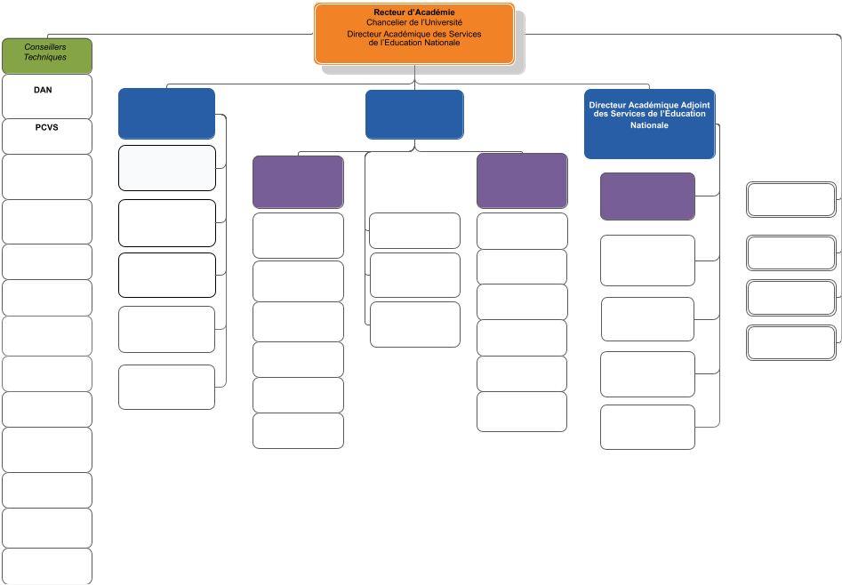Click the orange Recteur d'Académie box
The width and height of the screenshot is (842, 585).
click(414, 34)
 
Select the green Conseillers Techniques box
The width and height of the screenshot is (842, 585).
click(47, 56)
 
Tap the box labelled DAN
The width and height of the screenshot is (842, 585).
click(47, 97)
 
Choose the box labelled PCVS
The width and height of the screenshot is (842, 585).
click(47, 136)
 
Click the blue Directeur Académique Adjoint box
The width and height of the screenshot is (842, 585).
click(650, 124)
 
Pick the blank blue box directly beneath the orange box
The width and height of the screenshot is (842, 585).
click(414, 115)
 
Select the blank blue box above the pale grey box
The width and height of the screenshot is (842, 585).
click(166, 114)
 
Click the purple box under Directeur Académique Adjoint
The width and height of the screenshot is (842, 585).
click(647, 196)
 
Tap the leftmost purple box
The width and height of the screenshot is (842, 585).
click(298, 182)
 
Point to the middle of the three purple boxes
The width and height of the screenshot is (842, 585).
click(522, 181)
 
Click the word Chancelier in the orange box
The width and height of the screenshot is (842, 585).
click(385, 22)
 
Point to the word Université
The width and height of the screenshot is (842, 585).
click(443, 22)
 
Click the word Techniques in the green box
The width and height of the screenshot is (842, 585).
click(45, 57)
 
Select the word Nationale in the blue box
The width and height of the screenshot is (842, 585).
click(649, 125)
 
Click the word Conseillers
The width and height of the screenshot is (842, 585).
click(45, 47)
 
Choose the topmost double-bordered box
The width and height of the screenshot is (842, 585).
click(791, 200)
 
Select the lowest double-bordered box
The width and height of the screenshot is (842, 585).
click(791, 342)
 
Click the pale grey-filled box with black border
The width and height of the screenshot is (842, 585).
click(167, 168)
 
